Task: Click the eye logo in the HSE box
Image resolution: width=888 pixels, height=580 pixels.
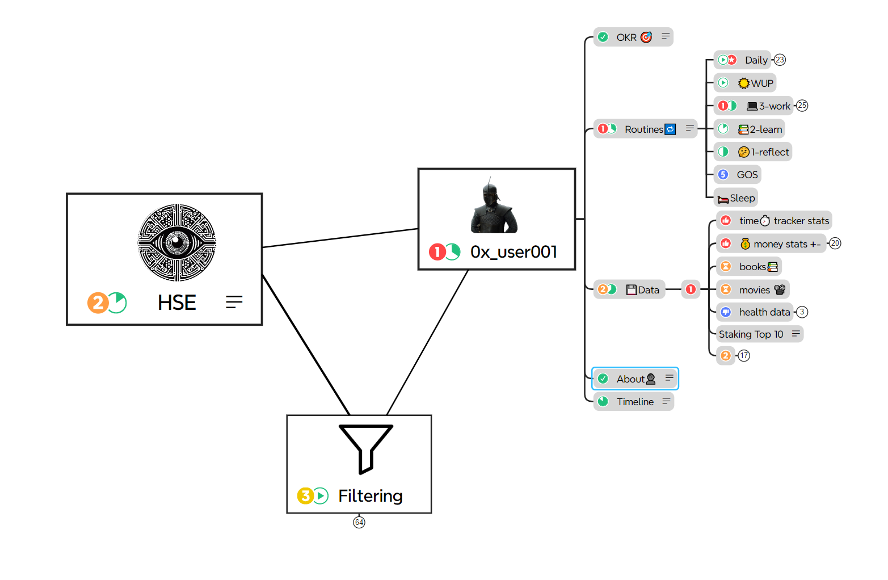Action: (177, 243)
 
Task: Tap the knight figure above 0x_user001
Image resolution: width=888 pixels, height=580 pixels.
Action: (494, 207)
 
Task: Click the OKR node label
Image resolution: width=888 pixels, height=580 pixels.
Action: (626, 37)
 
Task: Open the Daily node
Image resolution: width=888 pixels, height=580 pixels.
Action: (756, 60)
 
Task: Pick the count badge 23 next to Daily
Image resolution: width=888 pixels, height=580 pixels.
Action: (780, 60)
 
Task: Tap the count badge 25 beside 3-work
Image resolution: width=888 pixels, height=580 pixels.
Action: (802, 106)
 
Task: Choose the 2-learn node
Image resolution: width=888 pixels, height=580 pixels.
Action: (765, 129)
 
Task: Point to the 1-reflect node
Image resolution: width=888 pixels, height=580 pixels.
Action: (769, 152)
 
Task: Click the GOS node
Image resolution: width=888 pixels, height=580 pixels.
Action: (747, 175)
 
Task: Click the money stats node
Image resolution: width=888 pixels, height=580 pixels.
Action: (786, 244)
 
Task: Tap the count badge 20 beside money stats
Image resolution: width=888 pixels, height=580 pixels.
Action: (835, 243)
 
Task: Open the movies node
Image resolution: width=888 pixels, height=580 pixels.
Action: (755, 290)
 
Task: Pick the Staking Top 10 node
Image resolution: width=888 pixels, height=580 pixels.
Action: (751, 334)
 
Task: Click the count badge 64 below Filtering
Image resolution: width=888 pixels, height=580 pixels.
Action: (359, 522)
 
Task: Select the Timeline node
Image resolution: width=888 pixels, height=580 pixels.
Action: (635, 402)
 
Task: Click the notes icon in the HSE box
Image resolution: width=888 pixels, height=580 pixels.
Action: (234, 302)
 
